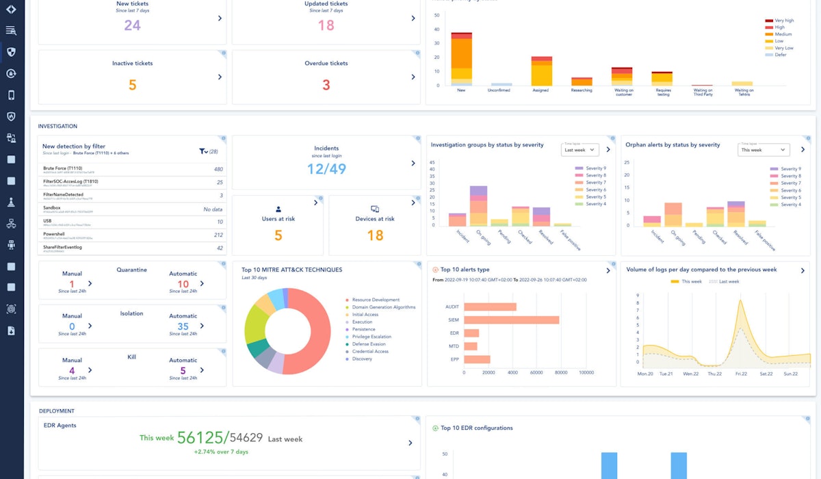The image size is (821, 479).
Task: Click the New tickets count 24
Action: [x=132, y=25]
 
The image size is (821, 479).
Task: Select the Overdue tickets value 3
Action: [x=326, y=85]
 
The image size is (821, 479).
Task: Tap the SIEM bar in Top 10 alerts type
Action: [x=511, y=320]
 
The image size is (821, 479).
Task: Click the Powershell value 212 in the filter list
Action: [x=218, y=235]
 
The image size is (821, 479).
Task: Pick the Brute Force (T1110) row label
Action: [x=64, y=168]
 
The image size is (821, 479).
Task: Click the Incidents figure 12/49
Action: [x=326, y=169]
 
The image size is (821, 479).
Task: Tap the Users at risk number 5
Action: [x=278, y=235]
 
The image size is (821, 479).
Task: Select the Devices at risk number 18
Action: [x=375, y=235]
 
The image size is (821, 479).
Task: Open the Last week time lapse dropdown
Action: [x=579, y=149]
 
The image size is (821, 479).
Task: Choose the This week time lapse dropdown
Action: [x=764, y=149]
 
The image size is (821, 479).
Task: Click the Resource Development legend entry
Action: [x=375, y=300]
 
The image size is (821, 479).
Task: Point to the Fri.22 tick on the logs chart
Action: [x=742, y=374]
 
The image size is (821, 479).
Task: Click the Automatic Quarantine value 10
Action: [x=183, y=284]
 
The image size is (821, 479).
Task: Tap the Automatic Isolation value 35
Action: [x=183, y=327]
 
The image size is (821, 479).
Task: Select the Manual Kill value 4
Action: [x=72, y=371]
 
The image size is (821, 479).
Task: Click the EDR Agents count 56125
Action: [x=200, y=438]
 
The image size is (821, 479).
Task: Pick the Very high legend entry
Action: [x=784, y=21]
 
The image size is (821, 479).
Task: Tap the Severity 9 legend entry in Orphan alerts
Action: [x=788, y=168]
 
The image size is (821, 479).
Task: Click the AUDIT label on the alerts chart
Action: [x=452, y=307]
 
